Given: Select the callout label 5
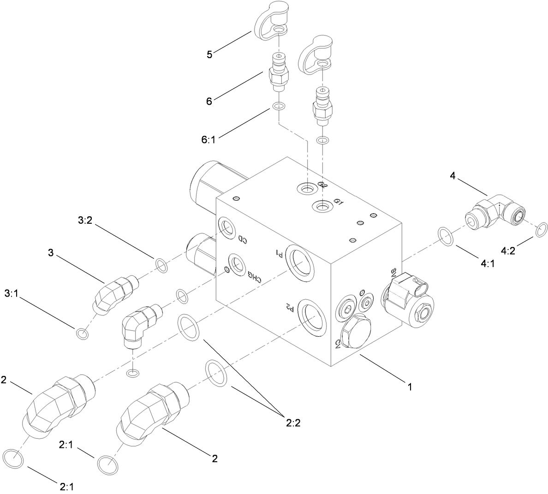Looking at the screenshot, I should (x=209, y=54).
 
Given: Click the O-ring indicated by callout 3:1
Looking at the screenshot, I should (x=82, y=333).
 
